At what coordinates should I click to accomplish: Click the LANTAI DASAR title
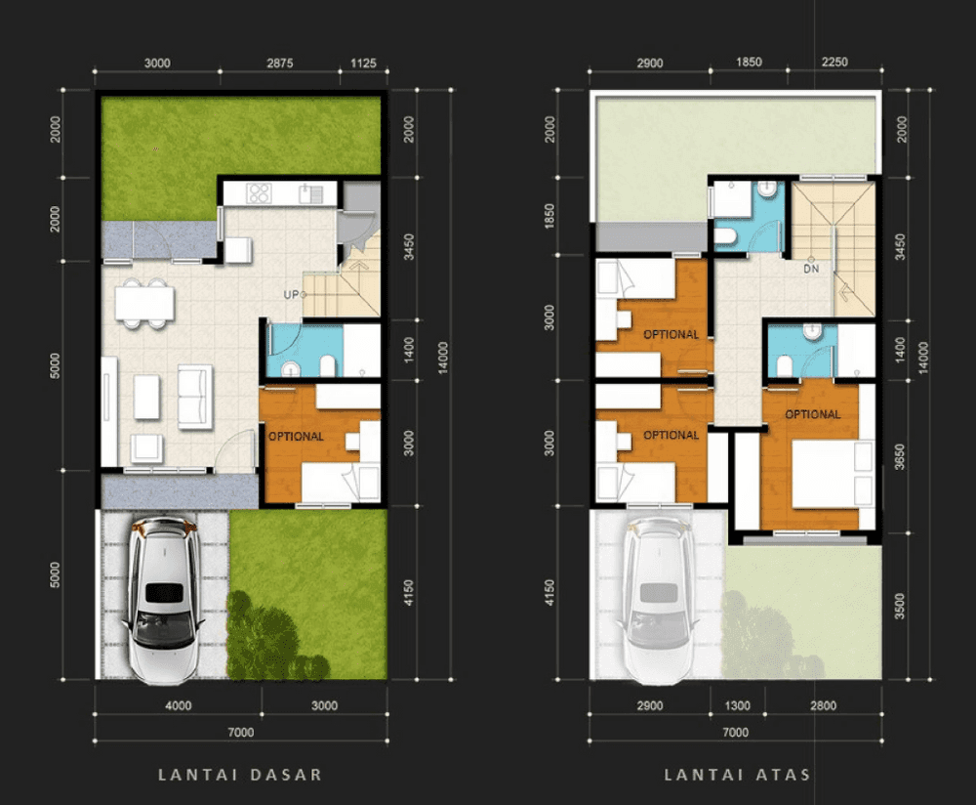[x=240, y=775]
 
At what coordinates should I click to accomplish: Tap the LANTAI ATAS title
[x=737, y=775]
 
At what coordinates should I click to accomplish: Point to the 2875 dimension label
[x=279, y=63]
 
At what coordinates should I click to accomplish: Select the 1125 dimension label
[x=363, y=63]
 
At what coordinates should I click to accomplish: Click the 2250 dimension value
[x=834, y=62]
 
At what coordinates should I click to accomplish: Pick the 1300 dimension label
[x=737, y=705]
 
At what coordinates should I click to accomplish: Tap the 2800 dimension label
[x=823, y=705]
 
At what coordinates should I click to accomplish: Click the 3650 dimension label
[x=900, y=456]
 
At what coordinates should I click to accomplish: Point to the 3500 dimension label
[x=900, y=607]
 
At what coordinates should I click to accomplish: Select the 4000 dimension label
[x=178, y=705]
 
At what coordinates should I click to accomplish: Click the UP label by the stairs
[x=291, y=295]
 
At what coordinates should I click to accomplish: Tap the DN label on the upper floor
[x=811, y=270]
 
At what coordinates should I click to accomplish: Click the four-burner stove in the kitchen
[x=259, y=193]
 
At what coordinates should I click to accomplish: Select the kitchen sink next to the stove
[x=310, y=193]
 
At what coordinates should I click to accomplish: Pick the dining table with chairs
[x=144, y=304]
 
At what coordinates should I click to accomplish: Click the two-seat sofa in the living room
[x=195, y=397]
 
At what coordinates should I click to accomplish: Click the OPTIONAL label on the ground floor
[x=296, y=436]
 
